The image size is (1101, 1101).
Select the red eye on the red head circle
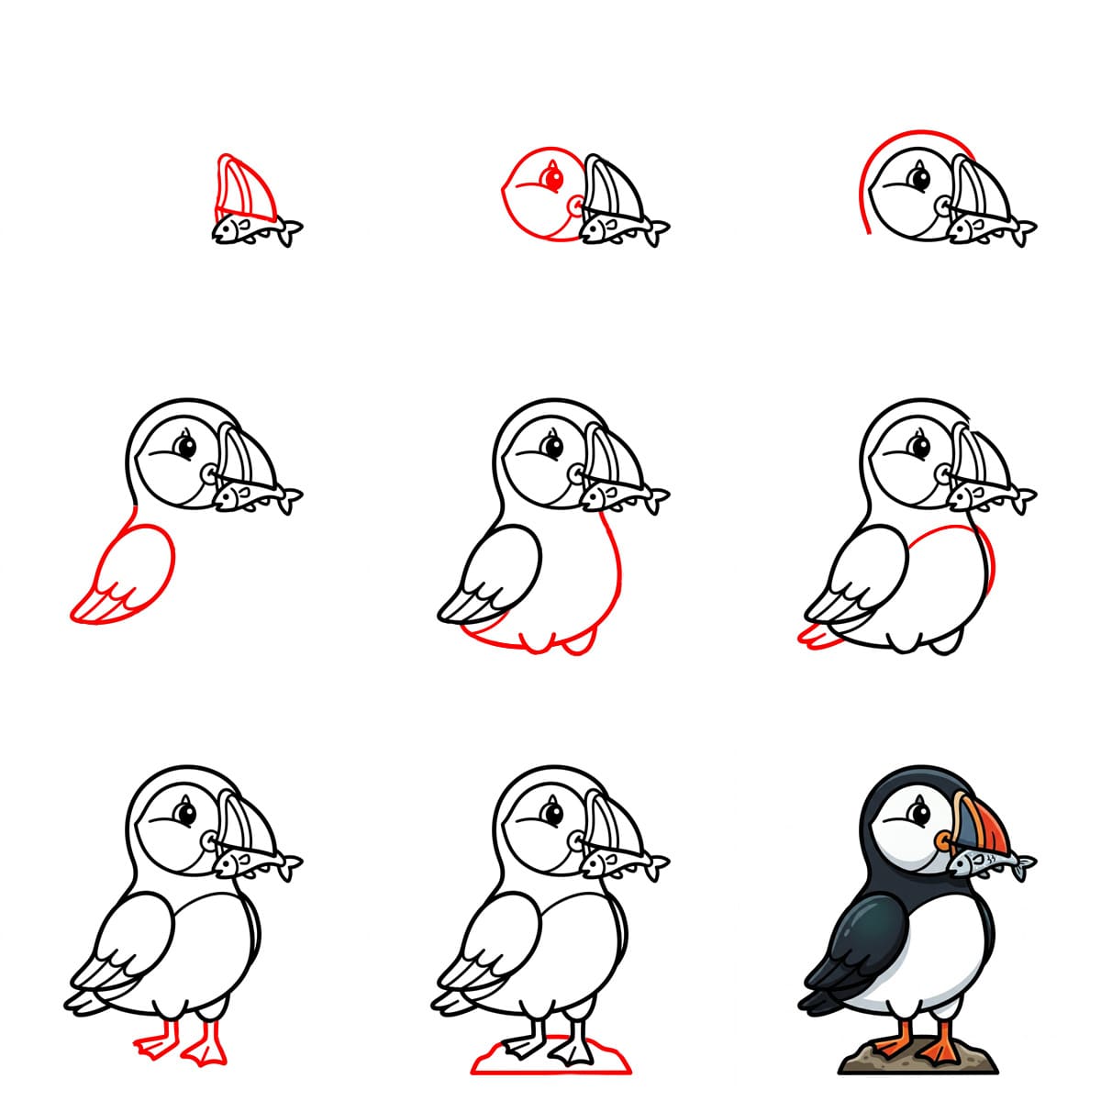551,176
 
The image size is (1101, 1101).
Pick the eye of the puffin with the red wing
186,447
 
